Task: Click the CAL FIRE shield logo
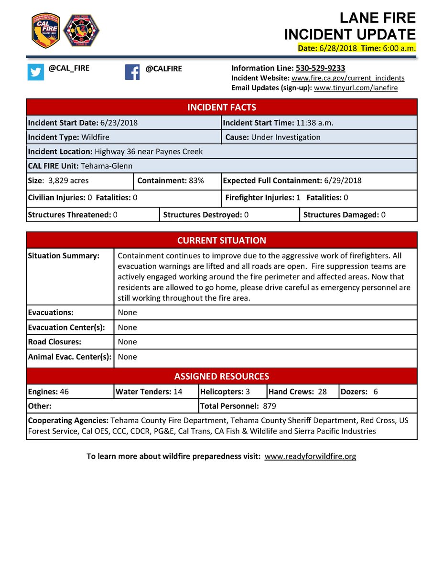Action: [x=45, y=30]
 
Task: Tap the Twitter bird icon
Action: [x=35, y=72]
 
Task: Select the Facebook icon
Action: [x=132, y=72]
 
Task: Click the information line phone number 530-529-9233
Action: [x=320, y=68]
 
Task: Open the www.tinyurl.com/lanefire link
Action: [x=356, y=88]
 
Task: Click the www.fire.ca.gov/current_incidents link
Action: [x=348, y=78]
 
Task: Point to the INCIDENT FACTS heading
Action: [x=221, y=107]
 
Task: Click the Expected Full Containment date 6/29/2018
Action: [x=342, y=181]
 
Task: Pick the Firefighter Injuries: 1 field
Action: [x=263, y=198]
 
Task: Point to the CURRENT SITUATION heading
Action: [x=221, y=240]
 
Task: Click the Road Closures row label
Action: [x=54, y=342]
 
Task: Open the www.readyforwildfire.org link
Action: [x=310, y=456]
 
